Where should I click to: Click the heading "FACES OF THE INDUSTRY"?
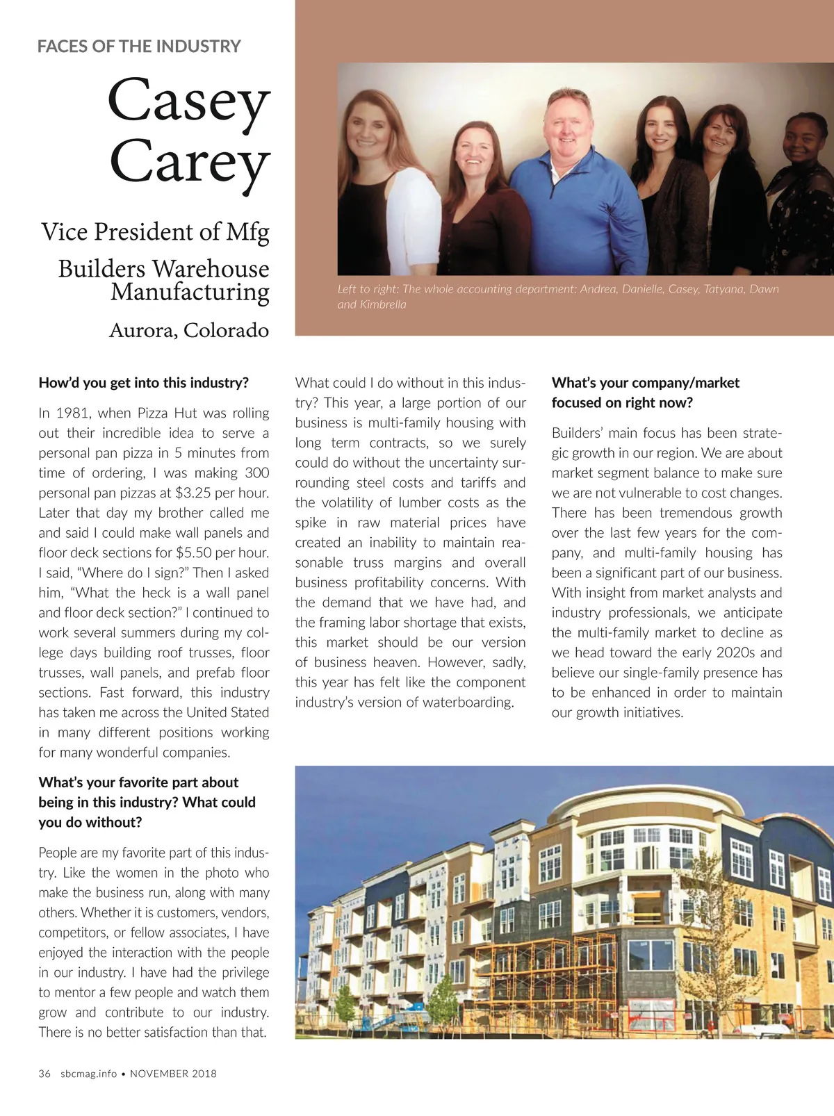[139, 47]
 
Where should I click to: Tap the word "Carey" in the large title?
[189, 163]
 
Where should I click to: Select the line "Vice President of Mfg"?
[155, 232]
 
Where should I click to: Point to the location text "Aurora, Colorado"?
[188, 330]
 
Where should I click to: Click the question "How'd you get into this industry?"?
[143, 383]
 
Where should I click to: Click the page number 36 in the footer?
[44, 1074]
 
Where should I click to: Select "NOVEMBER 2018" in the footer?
[173, 1074]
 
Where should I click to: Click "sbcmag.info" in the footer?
[88, 1074]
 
